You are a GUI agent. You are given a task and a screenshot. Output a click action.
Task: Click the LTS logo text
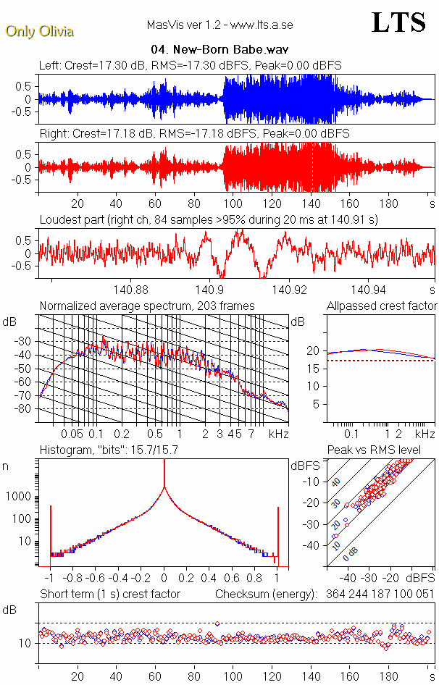[398, 23]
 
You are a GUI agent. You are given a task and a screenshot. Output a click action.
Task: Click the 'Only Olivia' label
[39, 31]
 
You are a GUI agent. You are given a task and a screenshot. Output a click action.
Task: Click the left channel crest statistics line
[191, 66]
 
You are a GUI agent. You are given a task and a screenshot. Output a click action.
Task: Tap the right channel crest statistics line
[194, 134]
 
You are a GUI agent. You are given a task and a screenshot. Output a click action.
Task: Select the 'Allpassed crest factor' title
[382, 306]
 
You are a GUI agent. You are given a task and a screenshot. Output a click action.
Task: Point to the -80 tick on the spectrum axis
[26, 409]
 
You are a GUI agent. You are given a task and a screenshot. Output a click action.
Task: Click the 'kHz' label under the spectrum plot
[279, 434]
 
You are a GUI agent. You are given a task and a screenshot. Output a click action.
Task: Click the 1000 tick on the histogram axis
[20, 497]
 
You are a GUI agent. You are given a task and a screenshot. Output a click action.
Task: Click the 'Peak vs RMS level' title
[385, 450]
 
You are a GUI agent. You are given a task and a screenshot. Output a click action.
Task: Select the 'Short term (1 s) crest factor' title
[109, 594]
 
